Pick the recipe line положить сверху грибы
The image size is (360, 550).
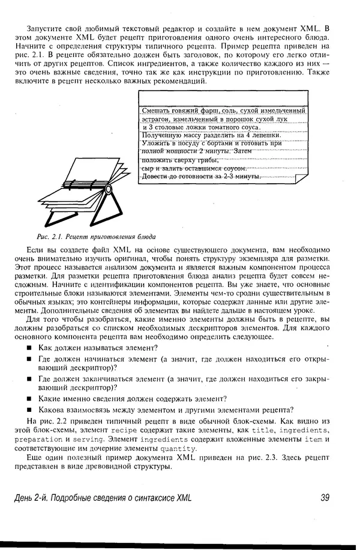180,160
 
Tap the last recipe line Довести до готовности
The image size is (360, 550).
201,177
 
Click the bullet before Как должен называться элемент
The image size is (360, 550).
29,348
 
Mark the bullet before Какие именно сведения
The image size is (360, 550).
29,399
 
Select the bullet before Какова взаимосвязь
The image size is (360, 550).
29,410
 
